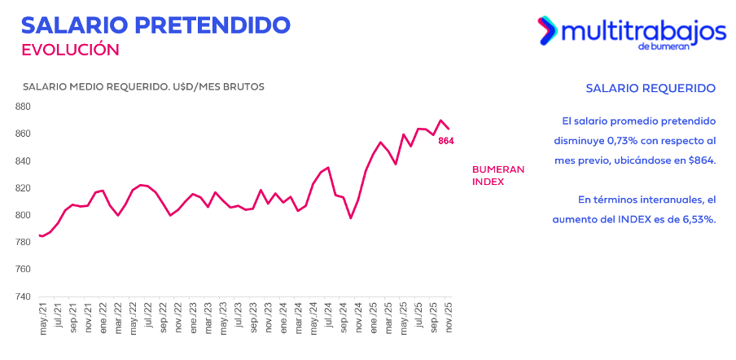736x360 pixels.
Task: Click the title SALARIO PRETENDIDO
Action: (156, 24)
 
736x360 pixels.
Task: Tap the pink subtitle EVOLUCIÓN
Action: (70, 50)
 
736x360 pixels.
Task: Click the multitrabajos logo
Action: (631, 33)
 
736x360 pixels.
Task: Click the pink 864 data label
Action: (445, 141)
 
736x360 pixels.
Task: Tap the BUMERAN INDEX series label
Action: (498, 175)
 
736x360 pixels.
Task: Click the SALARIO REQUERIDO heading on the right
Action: (651, 88)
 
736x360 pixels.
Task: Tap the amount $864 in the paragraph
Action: (700, 160)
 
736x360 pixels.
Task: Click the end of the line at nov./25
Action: (449, 128)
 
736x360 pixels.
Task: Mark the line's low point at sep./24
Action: (350, 218)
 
